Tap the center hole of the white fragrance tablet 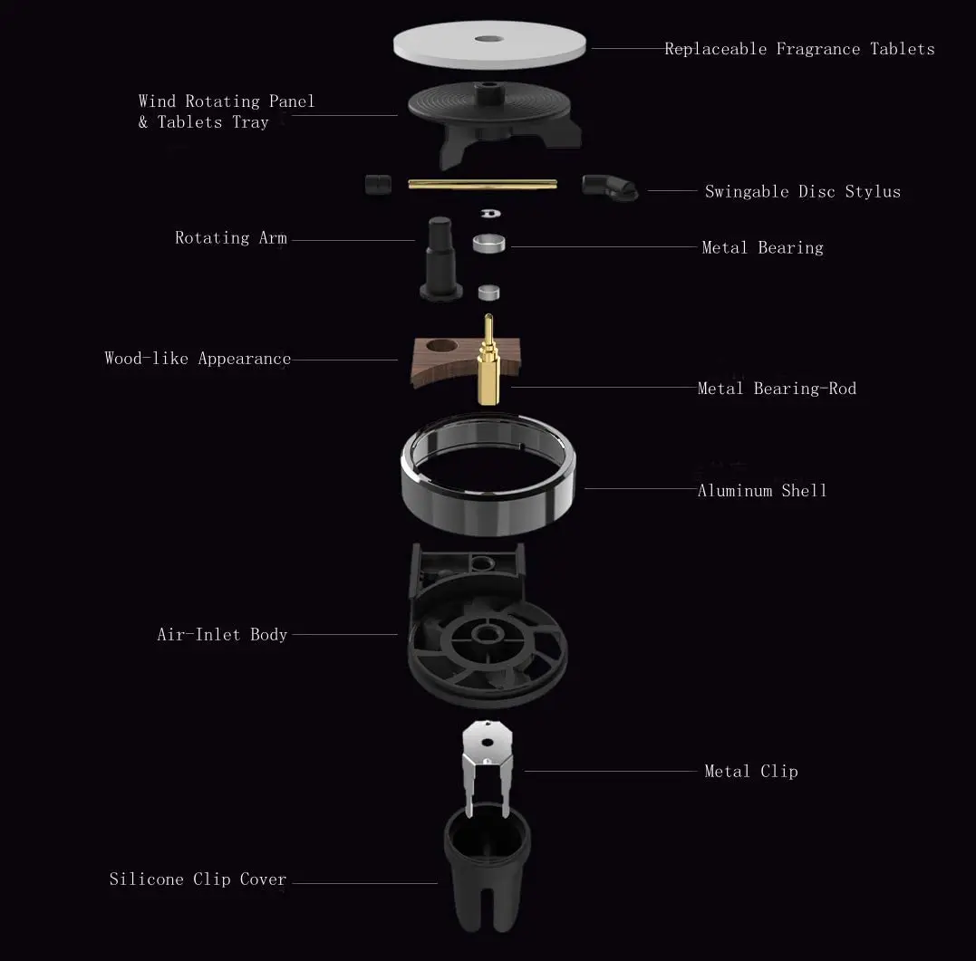pyautogui.click(x=489, y=39)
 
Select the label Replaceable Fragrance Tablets pyautogui.click(x=798, y=49)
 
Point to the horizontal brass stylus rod pyautogui.click(x=481, y=184)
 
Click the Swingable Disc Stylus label pyautogui.click(x=802, y=191)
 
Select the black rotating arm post pyautogui.click(x=440, y=258)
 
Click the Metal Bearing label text pyautogui.click(x=762, y=247)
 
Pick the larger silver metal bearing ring pyautogui.click(x=489, y=244)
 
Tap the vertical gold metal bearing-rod pyautogui.click(x=489, y=362)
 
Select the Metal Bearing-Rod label pyautogui.click(x=777, y=389)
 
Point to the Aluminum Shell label pyautogui.click(x=762, y=491)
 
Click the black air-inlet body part pyautogui.click(x=488, y=634)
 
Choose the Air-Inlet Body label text pyautogui.click(x=222, y=635)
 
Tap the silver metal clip pyautogui.click(x=488, y=761)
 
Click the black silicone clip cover pyautogui.click(x=488, y=879)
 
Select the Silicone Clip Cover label pyautogui.click(x=198, y=879)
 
